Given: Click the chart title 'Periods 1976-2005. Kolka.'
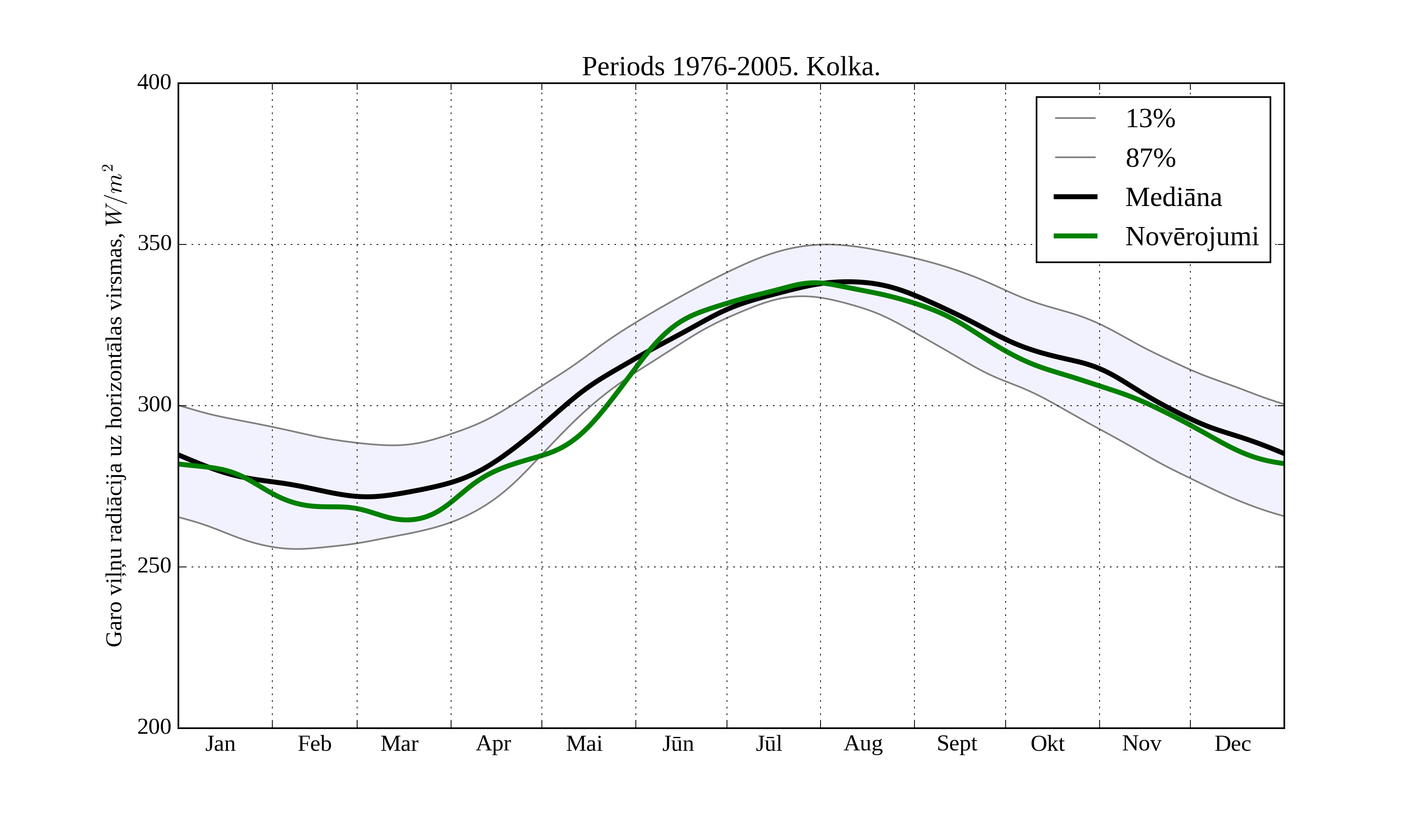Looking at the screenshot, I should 731,67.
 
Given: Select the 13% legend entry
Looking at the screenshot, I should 1150,119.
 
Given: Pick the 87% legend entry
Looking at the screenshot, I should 1150,158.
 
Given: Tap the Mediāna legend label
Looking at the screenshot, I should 1173,198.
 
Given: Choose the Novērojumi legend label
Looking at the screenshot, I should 1192,237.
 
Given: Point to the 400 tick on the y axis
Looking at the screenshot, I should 154,83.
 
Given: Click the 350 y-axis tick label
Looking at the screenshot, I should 154,244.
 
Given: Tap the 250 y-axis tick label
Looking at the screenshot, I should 154,566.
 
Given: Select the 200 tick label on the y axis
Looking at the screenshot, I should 154,727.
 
